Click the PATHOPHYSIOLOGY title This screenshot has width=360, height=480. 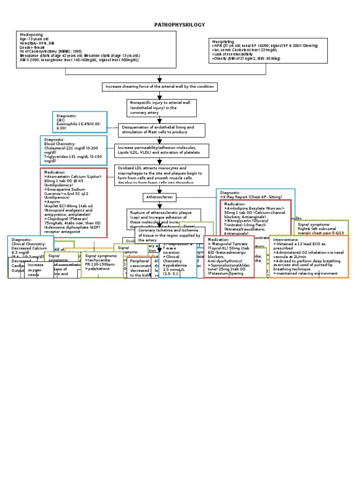180,24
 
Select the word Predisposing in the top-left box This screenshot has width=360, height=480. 31,35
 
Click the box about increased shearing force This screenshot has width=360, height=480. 160,87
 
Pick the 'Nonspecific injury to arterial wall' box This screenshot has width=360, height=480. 155,107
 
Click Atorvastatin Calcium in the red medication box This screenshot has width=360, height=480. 77,176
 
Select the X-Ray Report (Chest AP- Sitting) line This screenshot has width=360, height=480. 248,197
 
